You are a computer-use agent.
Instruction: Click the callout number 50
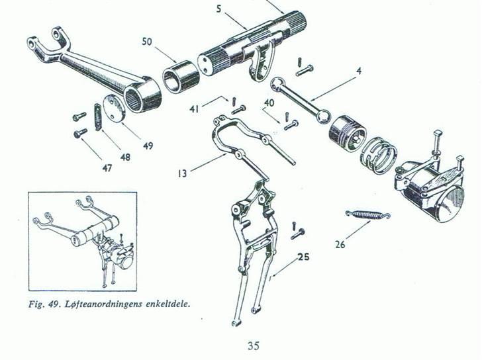147,42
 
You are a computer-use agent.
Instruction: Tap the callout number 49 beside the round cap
148,146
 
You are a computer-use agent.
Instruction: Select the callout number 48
125,157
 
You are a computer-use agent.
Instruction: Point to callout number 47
107,168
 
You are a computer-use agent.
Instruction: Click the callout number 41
194,109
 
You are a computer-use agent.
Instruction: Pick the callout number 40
269,103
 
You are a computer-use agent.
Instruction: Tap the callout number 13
182,174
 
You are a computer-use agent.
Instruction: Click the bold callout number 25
303,257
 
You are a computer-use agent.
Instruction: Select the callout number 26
340,244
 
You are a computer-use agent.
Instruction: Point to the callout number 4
359,71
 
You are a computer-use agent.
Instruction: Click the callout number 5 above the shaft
218,9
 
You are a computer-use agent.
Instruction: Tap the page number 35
254,346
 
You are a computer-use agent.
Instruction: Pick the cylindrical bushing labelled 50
180,77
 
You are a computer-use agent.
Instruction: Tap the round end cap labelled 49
113,109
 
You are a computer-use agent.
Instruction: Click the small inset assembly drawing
83,242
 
